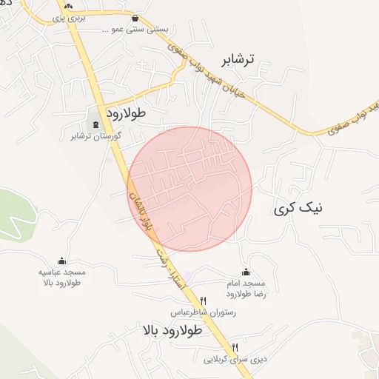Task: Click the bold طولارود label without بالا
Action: point(127,113)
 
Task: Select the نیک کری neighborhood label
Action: point(298,209)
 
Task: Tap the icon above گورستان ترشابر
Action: point(96,124)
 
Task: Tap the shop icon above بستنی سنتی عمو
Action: point(135,19)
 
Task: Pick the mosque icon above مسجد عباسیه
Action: point(61,261)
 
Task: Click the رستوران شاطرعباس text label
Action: point(203,312)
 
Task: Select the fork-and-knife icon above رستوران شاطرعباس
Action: point(204,300)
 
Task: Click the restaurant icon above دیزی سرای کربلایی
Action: point(235,346)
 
